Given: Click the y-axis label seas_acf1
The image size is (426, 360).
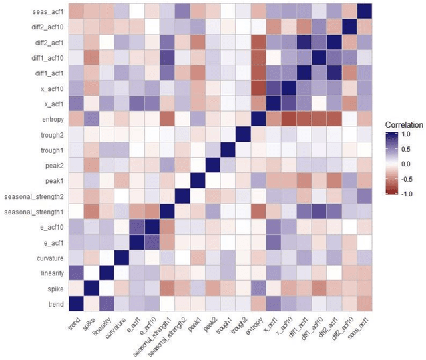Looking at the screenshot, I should (45, 11).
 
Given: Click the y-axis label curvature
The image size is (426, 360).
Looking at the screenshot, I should (47, 258).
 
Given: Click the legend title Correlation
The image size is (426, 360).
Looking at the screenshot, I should (403, 124).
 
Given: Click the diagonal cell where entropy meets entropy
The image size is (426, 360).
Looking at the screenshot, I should (257, 119).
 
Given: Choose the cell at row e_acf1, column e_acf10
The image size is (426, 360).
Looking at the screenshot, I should (150, 242).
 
